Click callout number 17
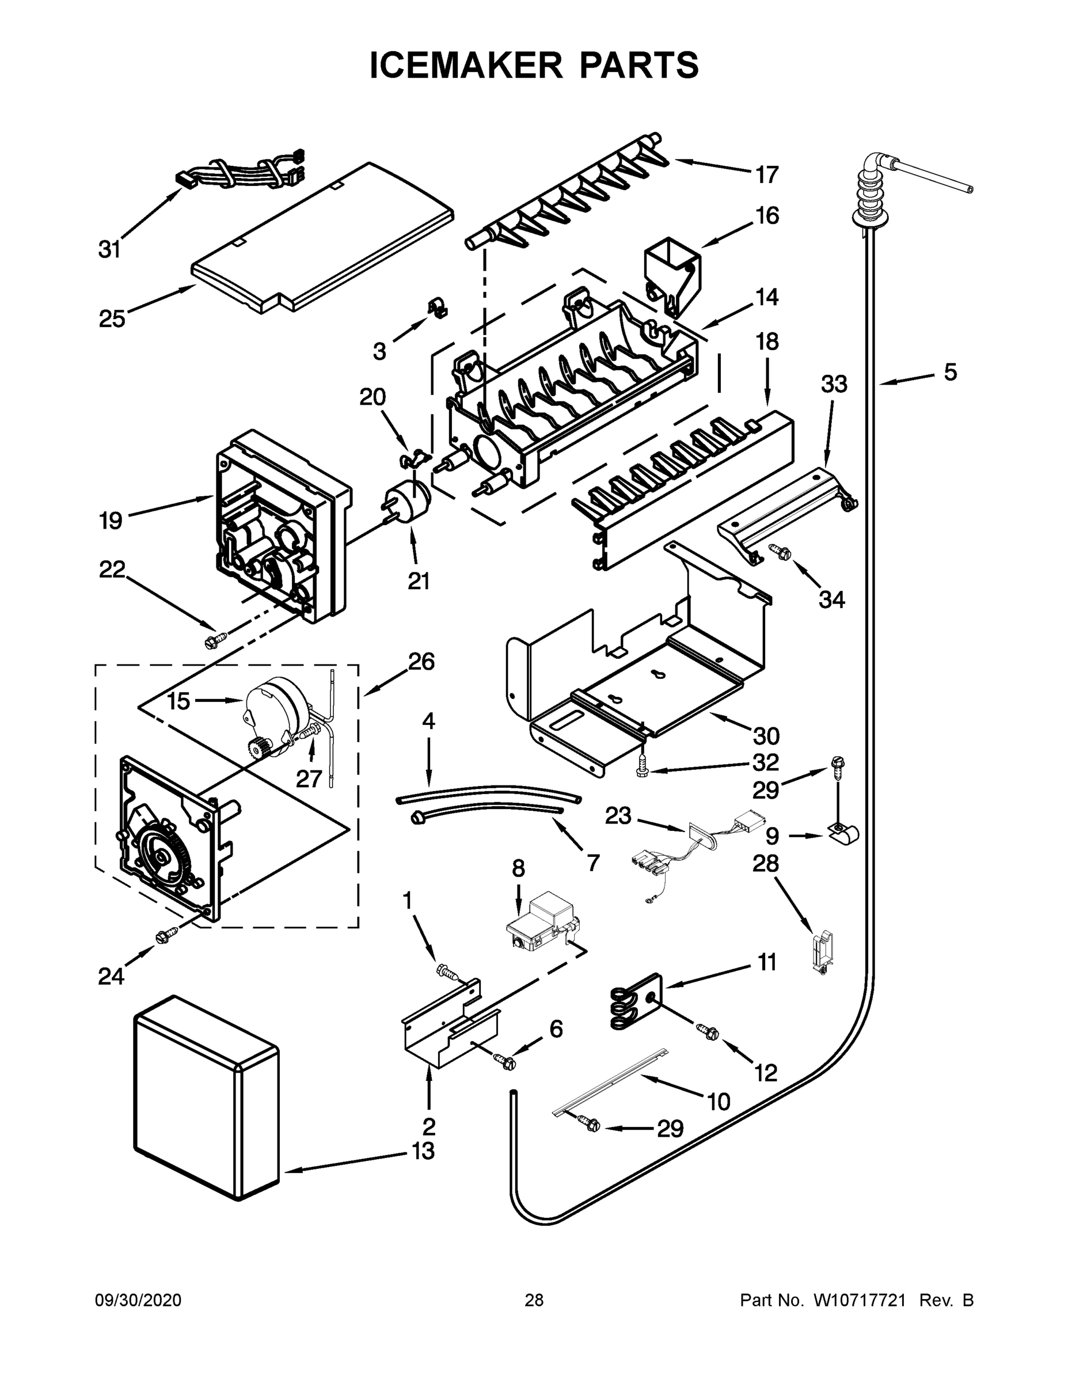767,174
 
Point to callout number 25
111,318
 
